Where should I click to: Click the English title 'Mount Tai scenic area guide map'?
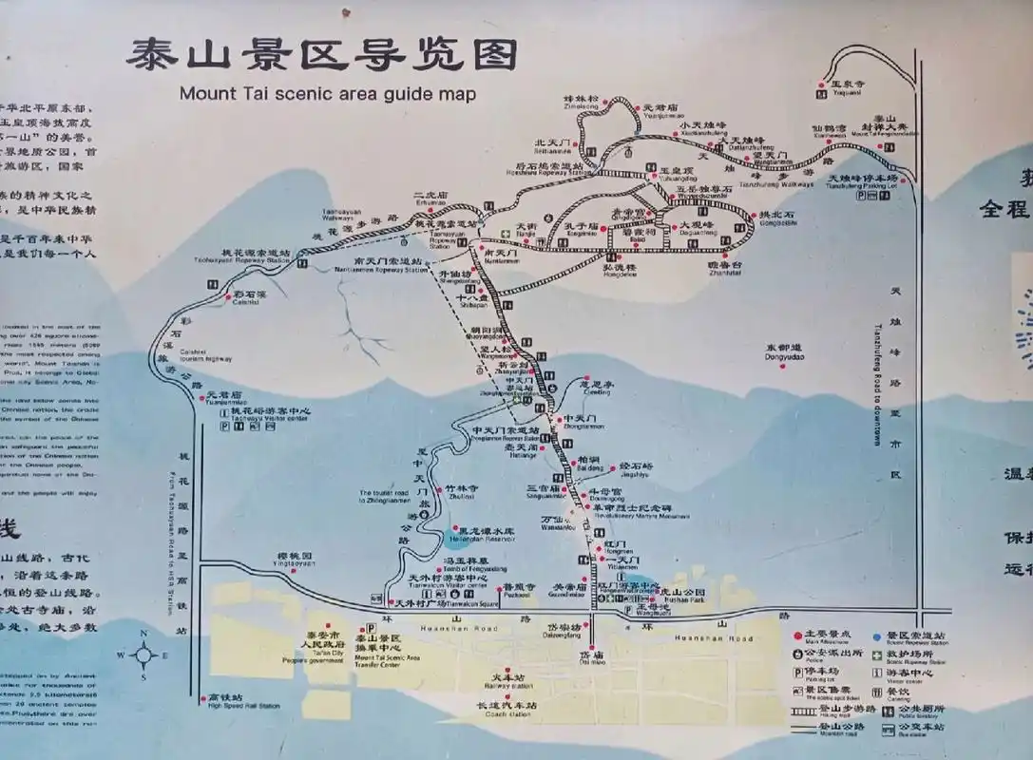(x=327, y=94)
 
